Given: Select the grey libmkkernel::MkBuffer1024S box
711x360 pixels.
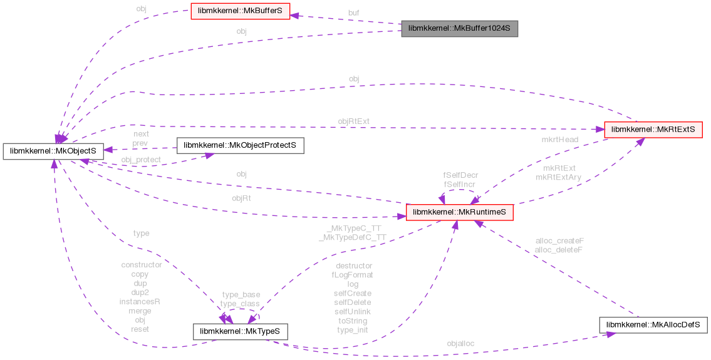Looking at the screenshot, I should pyautogui.click(x=460, y=29).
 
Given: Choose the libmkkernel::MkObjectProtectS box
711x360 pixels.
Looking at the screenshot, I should pyautogui.click(x=241, y=145).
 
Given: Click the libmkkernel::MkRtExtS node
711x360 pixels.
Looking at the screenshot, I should pyautogui.click(x=652, y=130).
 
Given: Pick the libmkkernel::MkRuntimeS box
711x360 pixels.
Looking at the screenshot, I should pyautogui.click(x=460, y=213).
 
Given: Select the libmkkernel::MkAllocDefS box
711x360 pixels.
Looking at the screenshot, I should pyautogui.click(x=653, y=325).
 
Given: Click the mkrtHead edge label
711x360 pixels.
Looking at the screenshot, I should pyautogui.click(x=559, y=139).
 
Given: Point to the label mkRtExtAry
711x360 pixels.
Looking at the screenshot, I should pyautogui.click(x=559, y=177).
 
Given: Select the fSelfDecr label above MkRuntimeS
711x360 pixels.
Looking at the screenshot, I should pyautogui.click(x=461, y=176).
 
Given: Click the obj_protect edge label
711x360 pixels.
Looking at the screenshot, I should pyautogui.click(x=141, y=160).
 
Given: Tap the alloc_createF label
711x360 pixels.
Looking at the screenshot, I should pyautogui.click(x=559, y=240).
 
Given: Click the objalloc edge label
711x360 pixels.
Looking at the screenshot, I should pyautogui.click(x=460, y=343).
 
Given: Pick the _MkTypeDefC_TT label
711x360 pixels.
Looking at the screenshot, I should pyautogui.click(x=353, y=238).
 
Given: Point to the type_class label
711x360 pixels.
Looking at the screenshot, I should pyautogui.click(x=240, y=303).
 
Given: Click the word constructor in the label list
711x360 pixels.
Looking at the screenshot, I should pyautogui.click(x=142, y=265).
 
